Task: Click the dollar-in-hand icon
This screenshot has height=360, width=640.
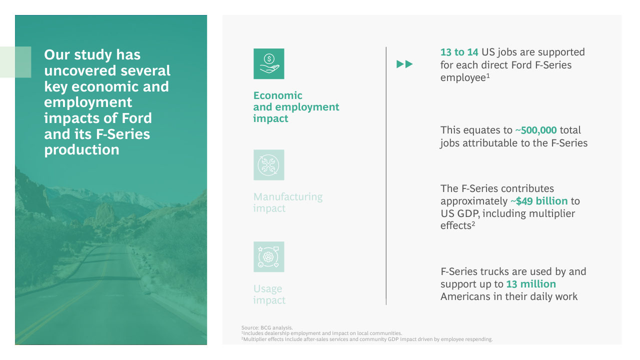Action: tap(269, 63)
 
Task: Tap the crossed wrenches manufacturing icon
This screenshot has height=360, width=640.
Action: tap(269, 165)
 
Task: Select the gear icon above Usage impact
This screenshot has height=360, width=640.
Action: tap(269, 257)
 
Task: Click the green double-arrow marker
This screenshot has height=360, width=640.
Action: tap(404, 64)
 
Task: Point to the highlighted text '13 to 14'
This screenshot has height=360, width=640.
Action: tap(459, 52)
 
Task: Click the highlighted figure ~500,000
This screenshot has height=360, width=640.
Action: tap(535, 130)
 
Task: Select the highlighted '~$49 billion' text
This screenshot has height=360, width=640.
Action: tap(539, 201)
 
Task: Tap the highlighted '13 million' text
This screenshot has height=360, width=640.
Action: tap(531, 284)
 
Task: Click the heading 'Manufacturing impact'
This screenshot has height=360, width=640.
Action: tap(288, 202)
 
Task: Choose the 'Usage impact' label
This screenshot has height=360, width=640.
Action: tap(269, 294)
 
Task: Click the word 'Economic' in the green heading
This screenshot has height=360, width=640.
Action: tap(277, 95)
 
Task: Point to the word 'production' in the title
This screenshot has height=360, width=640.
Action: tap(81, 150)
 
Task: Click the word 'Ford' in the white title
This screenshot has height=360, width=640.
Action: tap(136, 118)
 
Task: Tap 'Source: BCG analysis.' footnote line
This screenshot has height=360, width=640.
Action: tap(267, 327)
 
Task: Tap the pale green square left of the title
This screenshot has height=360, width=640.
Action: tap(15, 62)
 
